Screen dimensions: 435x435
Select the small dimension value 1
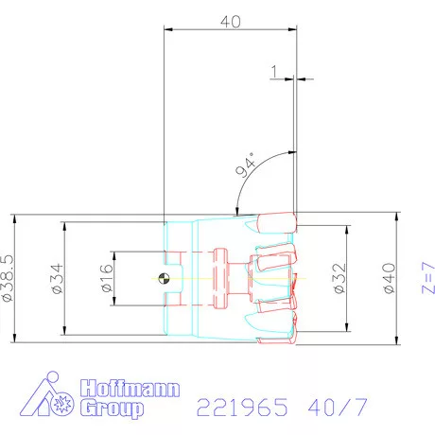point(273,71)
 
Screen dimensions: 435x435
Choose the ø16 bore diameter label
point(104,278)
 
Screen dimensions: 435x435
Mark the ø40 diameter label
point(387,277)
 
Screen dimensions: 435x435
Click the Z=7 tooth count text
point(426,277)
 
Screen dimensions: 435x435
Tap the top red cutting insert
point(276,223)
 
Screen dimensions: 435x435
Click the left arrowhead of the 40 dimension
point(169,30)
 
